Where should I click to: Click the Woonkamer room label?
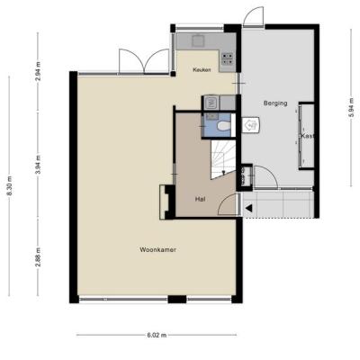click(x=157, y=249)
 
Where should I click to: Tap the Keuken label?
click(x=202, y=70)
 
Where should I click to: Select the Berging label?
click(x=275, y=103)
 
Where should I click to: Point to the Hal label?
click(x=200, y=199)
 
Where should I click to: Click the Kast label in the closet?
click(x=308, y=136)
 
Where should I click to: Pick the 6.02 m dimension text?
click(x=157, y=335)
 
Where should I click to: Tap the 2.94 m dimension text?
click(x=38, y=71)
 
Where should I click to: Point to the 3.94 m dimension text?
click(x=38, y=165)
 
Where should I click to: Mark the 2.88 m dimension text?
click(x=38, y=257)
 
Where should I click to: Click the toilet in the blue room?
click(x=223, y=126)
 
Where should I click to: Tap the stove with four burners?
click(x=228, y=58)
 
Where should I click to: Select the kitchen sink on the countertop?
click(x=197, y=40)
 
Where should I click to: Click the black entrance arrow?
click(x=248, y=207)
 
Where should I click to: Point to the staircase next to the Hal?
click(x=223, y=160)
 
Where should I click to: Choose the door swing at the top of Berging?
click(x=254, y=16)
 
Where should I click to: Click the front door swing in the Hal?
click(x=228, y=204)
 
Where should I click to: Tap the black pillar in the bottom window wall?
click(x=177, y=299)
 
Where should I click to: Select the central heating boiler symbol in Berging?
click(x=250, y=124)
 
